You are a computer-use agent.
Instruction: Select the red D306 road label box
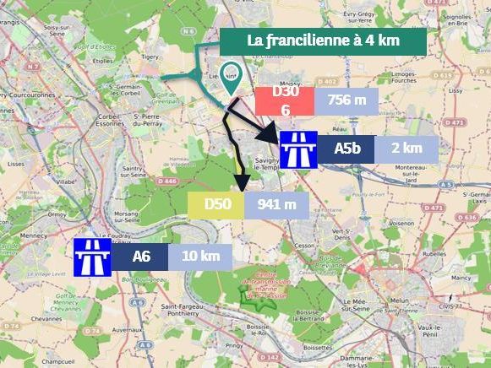(x=285, y=101)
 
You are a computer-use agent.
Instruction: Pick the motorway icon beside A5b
(x=298, y=149)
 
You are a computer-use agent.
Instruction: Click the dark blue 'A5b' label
(x=347, y=149)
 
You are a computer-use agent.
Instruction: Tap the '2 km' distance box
(x=407, y=149)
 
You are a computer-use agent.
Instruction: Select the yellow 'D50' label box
(x=216, y=203)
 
